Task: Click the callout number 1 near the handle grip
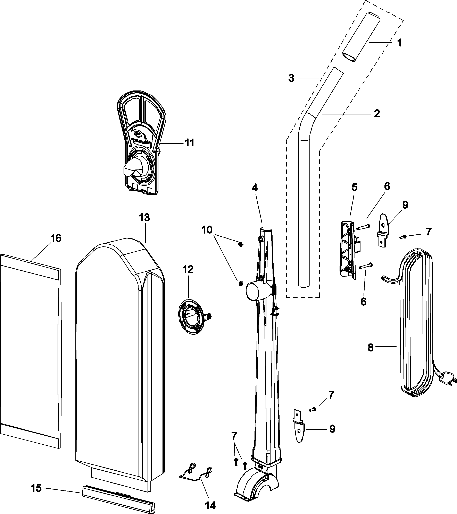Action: point(399,43)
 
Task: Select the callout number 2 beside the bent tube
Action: point(377,114)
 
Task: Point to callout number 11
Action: point(190,143)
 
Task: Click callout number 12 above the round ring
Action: point(188,269)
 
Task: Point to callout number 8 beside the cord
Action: point(370,348)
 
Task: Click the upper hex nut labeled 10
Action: point(240,244)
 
